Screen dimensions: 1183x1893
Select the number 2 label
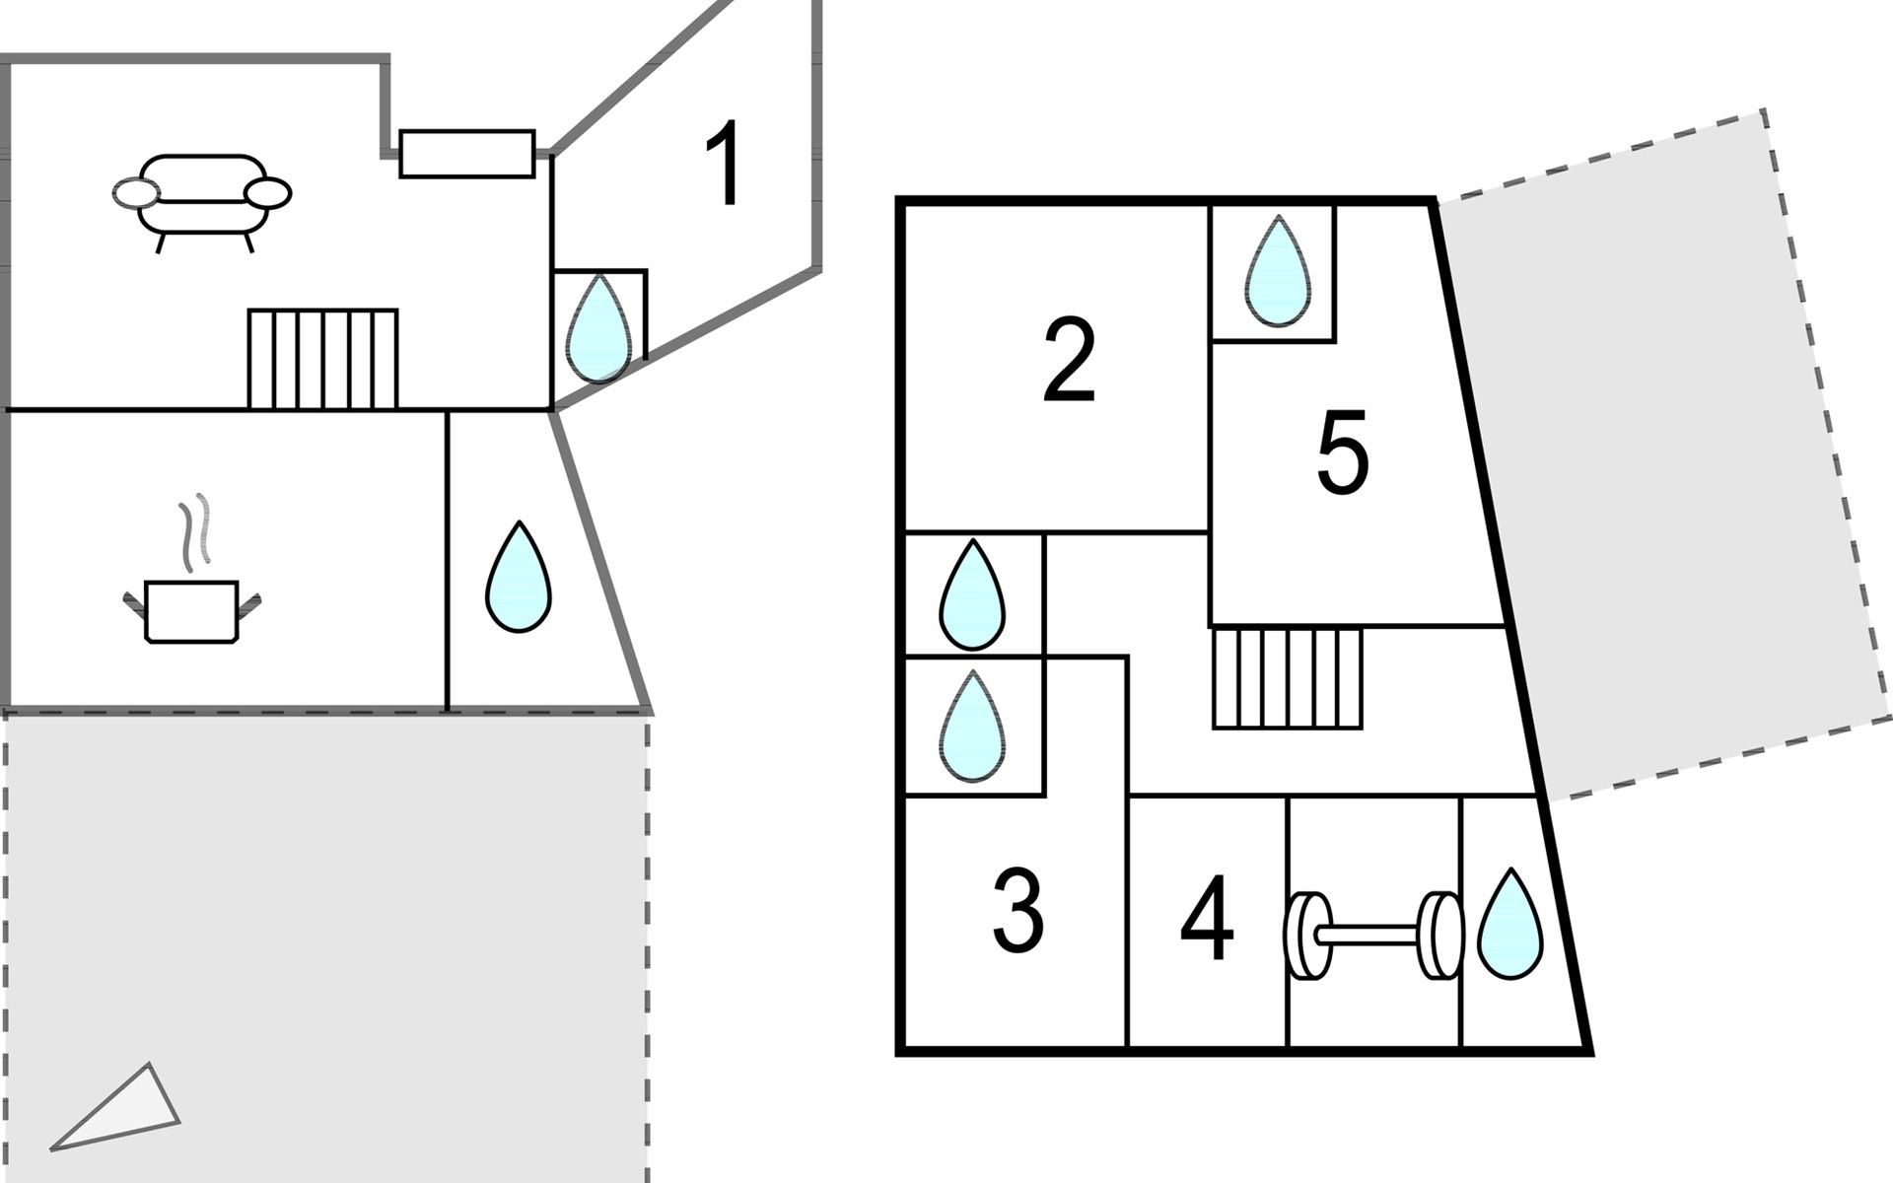[x=1069, y=361]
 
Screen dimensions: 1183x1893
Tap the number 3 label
[x=1017, y=912]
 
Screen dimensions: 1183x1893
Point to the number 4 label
[x=1207, y=919]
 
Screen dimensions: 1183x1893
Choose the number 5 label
[x=1343, y=453]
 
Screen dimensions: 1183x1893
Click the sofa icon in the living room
[x=203, y=197]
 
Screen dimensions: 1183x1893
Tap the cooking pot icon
[x=192, y=611]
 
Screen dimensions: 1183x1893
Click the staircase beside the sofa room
[x=322, y=359]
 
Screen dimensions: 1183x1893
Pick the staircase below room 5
[x=1287, y=678]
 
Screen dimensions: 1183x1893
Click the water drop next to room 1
[x=598, y=327]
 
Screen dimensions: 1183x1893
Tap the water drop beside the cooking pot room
[x=519, y=578]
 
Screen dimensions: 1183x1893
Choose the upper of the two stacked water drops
[x=972, y=595]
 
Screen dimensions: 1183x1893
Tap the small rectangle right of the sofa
[x=466, y=154]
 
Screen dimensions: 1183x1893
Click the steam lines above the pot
[x=195, y=532]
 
